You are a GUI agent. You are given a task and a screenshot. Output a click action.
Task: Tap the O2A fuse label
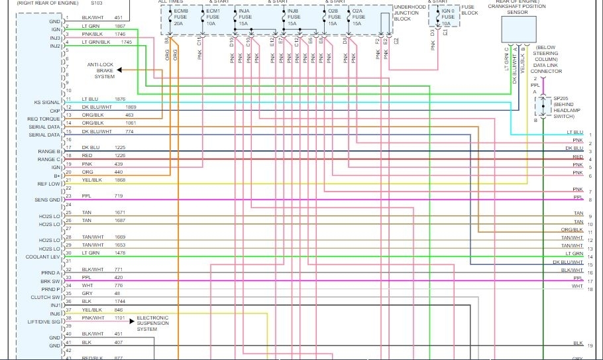click(x=357, y=17)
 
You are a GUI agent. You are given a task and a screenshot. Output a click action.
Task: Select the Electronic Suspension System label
click(x=153, y=324)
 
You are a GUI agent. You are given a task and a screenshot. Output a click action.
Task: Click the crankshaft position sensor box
click(x=519, y=28)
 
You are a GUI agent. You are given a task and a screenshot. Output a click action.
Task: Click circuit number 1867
click(x=120, y=25)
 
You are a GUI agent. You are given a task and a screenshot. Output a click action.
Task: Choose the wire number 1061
click(x=130, y=123)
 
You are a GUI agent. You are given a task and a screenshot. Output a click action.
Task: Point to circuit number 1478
click(x=120, y=253)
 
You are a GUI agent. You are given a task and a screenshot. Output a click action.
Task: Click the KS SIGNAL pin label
click(x=46, y=103)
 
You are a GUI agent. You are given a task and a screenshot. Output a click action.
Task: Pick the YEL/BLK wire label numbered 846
click(x=93, y=310)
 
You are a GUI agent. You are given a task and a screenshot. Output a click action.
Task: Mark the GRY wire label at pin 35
click(x=87, y=293)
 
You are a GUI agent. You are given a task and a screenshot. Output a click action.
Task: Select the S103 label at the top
click(x=115, y=3)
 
